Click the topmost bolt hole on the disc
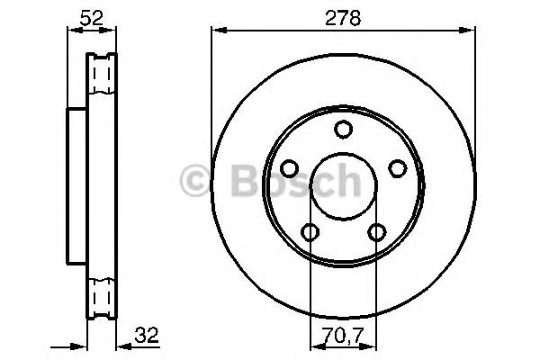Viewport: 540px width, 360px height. tap(343, 130)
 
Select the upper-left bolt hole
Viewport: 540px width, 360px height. tap(289, 168)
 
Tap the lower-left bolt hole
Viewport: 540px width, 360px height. tap(310, 233)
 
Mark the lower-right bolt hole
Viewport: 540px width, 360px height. tap(376, 233)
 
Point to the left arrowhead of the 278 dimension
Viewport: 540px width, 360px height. tap(216, 31)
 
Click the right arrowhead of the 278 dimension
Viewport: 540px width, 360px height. tap(470, 31)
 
